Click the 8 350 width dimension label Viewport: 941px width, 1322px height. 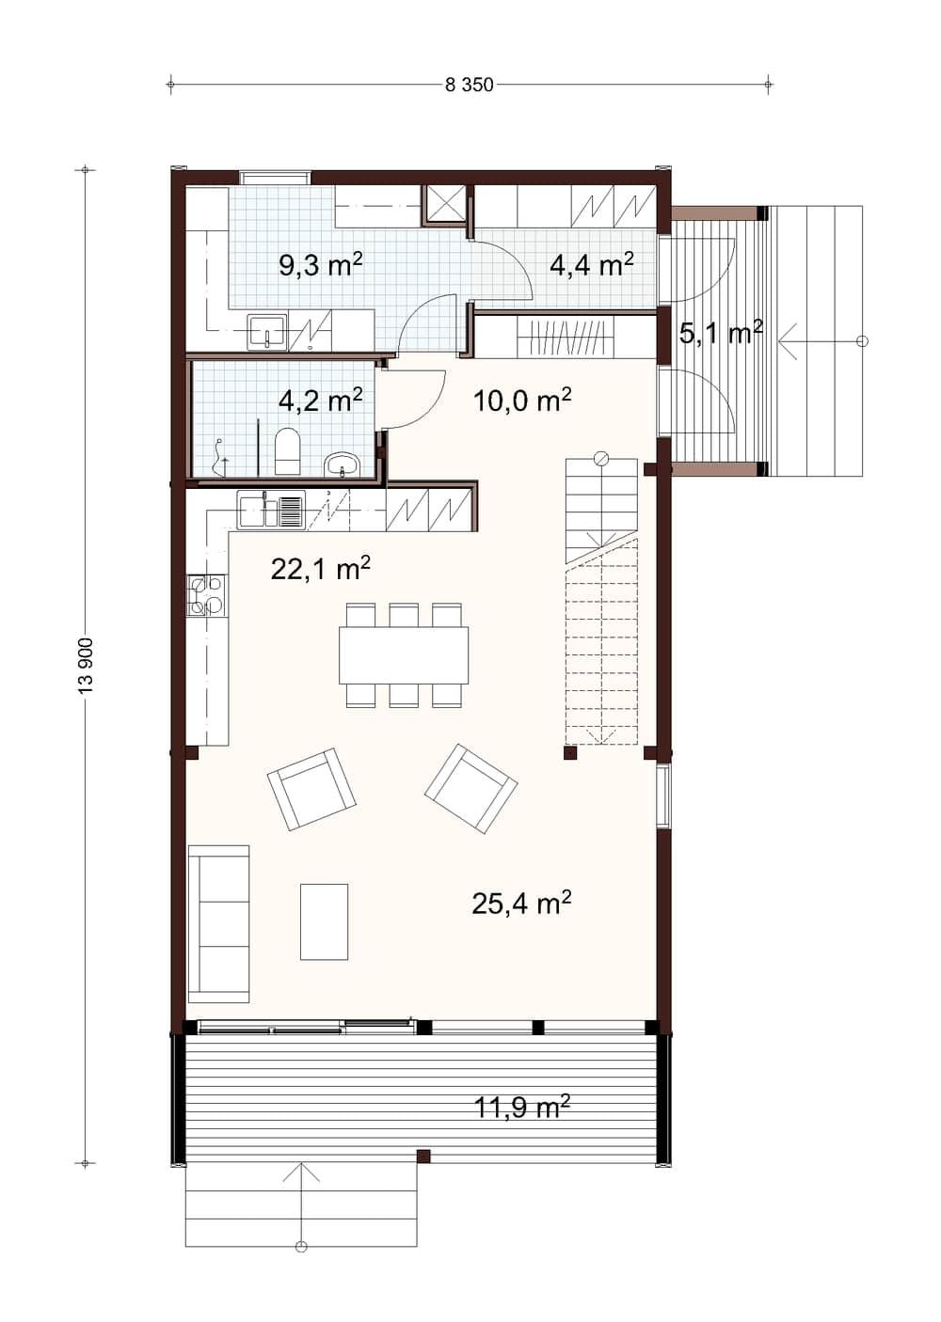[x=469, y=85]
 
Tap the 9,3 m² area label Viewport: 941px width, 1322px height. [x=320, y=265]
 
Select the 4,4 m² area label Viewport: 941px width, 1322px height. [x=592, y=265]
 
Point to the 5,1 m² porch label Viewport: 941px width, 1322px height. [x=721, y=334]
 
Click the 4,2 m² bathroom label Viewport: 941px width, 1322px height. [x=320, y=401]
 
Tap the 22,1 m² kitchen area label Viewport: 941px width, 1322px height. [x=320, y=569]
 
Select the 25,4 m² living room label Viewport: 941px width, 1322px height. [x=521, y=903]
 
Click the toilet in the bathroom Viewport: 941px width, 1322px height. [x=288, y=451]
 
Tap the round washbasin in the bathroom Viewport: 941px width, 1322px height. [x=342, y=464]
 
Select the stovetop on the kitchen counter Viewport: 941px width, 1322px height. [x=206, y=595]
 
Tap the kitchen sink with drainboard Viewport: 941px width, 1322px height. [x=271, y=510]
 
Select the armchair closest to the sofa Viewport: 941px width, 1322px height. [x=311, y=790]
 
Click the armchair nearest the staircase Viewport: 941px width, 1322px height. [x=470, y=789]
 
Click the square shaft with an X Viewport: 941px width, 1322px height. [x=445, y=204]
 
